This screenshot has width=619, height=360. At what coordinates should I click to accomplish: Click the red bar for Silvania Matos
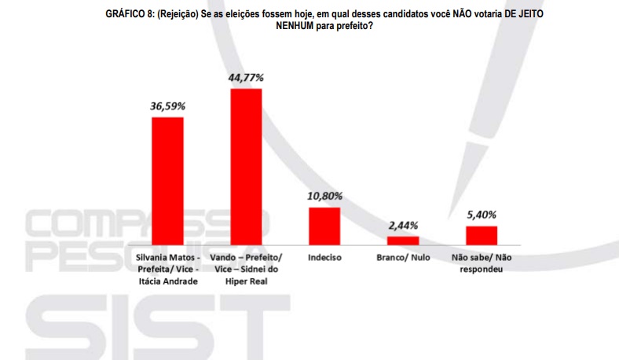[167, 182]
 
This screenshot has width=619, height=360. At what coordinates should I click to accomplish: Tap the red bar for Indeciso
[324, 226]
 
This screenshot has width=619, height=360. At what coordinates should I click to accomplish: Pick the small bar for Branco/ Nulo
[403, 241]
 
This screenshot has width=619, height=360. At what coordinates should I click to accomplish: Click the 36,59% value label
[167, 105]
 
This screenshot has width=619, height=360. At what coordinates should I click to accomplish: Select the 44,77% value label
[246, 77]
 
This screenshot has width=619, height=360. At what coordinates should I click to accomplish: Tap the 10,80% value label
[324, 196]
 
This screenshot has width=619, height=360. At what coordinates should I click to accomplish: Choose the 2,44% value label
[403, 225]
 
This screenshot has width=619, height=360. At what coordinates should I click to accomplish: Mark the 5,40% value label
[482, 215]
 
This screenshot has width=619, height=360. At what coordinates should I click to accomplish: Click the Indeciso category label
[324, 258]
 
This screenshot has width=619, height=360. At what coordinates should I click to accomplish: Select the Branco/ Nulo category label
[403, 258]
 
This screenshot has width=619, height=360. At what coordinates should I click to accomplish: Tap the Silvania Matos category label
[167, 258]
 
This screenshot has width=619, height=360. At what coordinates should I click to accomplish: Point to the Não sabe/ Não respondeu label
[482, 264]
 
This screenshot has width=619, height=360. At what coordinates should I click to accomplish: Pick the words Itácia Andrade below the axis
[167, 283]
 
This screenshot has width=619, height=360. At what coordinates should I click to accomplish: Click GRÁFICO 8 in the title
[130, 14]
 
